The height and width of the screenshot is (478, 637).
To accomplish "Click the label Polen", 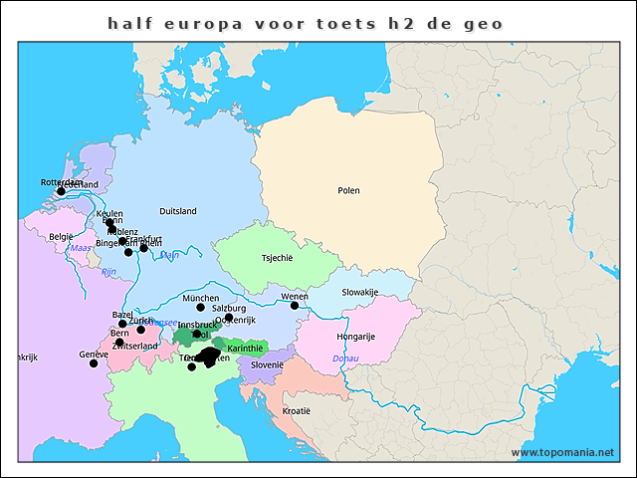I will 348,190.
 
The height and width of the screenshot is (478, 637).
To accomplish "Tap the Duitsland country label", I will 178,211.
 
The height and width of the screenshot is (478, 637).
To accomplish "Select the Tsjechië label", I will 277,258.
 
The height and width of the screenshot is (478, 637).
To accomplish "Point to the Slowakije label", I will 360,292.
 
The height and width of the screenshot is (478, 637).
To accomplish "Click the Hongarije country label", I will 354,337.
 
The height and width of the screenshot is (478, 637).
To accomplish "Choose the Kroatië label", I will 296,410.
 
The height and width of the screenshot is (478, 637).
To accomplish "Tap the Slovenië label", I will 267,364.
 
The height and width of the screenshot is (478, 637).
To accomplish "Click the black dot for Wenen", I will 295,306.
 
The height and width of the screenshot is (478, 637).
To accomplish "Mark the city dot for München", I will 200,307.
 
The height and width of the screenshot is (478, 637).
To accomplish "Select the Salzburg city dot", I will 228,318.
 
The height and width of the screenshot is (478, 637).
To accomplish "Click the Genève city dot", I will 94,363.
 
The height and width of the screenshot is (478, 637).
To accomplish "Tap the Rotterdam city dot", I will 61,191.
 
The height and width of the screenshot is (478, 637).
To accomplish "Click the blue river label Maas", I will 81,248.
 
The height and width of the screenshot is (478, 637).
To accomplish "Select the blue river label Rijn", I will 109,271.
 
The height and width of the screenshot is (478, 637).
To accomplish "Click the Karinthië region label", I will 245,349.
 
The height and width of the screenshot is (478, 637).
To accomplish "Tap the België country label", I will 61,237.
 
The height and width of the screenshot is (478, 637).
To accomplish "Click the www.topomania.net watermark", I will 562,453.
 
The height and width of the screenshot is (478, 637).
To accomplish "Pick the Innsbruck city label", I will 197,325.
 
